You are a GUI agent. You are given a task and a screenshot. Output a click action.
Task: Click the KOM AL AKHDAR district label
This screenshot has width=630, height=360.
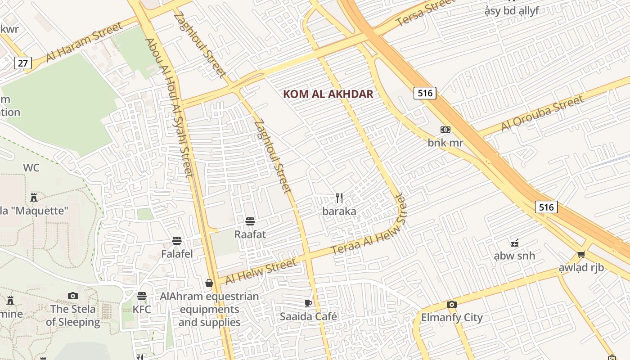(328, 94)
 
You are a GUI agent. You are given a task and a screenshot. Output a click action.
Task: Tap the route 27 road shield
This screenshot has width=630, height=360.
(22, 63)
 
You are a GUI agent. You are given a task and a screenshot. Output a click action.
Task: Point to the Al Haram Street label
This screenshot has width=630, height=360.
(85, 42)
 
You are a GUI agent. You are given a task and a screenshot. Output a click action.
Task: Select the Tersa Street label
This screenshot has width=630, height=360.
(426, 13)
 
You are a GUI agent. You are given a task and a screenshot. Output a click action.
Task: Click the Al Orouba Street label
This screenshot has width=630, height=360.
(542, 114)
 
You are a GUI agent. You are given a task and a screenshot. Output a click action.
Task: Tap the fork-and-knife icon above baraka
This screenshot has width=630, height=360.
(339, 198)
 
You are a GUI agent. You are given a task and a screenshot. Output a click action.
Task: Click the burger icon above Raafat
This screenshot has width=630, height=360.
(250, 221)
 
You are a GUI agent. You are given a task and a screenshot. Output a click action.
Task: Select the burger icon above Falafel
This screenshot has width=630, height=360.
(177, 241)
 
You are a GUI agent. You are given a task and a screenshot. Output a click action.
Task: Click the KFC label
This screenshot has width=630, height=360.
(142, 310)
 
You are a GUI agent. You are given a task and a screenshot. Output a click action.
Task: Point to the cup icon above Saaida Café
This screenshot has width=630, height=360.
(308, 303)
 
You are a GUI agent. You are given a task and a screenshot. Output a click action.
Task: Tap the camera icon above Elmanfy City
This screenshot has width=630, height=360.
(452, 305)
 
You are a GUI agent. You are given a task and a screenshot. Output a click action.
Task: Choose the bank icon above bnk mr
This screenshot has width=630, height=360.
(445, 130)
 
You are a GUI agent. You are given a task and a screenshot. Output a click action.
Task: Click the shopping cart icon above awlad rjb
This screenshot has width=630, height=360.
(581, 255)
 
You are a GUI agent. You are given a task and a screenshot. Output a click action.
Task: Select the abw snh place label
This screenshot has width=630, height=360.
(514, 256)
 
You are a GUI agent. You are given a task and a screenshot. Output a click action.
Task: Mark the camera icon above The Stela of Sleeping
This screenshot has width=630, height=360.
(73, 296)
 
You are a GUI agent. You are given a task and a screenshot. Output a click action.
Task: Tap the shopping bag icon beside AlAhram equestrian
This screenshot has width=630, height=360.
(209, 283)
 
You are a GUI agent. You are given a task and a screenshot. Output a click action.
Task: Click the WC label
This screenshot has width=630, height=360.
(31, 168)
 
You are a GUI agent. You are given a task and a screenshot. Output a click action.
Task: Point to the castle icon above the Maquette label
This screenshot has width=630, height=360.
(33, 197)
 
